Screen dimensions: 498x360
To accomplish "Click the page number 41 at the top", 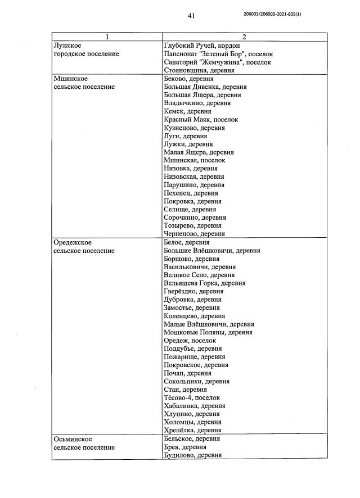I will pos(191,16).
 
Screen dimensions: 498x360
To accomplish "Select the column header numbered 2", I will pos(244,37).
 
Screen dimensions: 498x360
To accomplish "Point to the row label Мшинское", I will pos(70,79).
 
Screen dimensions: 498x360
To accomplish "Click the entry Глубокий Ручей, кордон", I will pos(205,46).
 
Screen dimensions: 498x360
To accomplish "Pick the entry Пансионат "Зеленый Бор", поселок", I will pos(218,54).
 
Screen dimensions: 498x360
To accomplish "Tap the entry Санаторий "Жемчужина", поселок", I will pos(217,62).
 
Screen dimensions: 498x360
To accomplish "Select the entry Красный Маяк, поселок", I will pos(201,120).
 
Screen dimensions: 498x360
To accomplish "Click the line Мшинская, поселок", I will pos(194,160).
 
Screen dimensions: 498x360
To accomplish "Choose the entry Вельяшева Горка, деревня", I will pos(205,283).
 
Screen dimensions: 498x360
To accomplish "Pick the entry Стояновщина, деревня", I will pos(199,70).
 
